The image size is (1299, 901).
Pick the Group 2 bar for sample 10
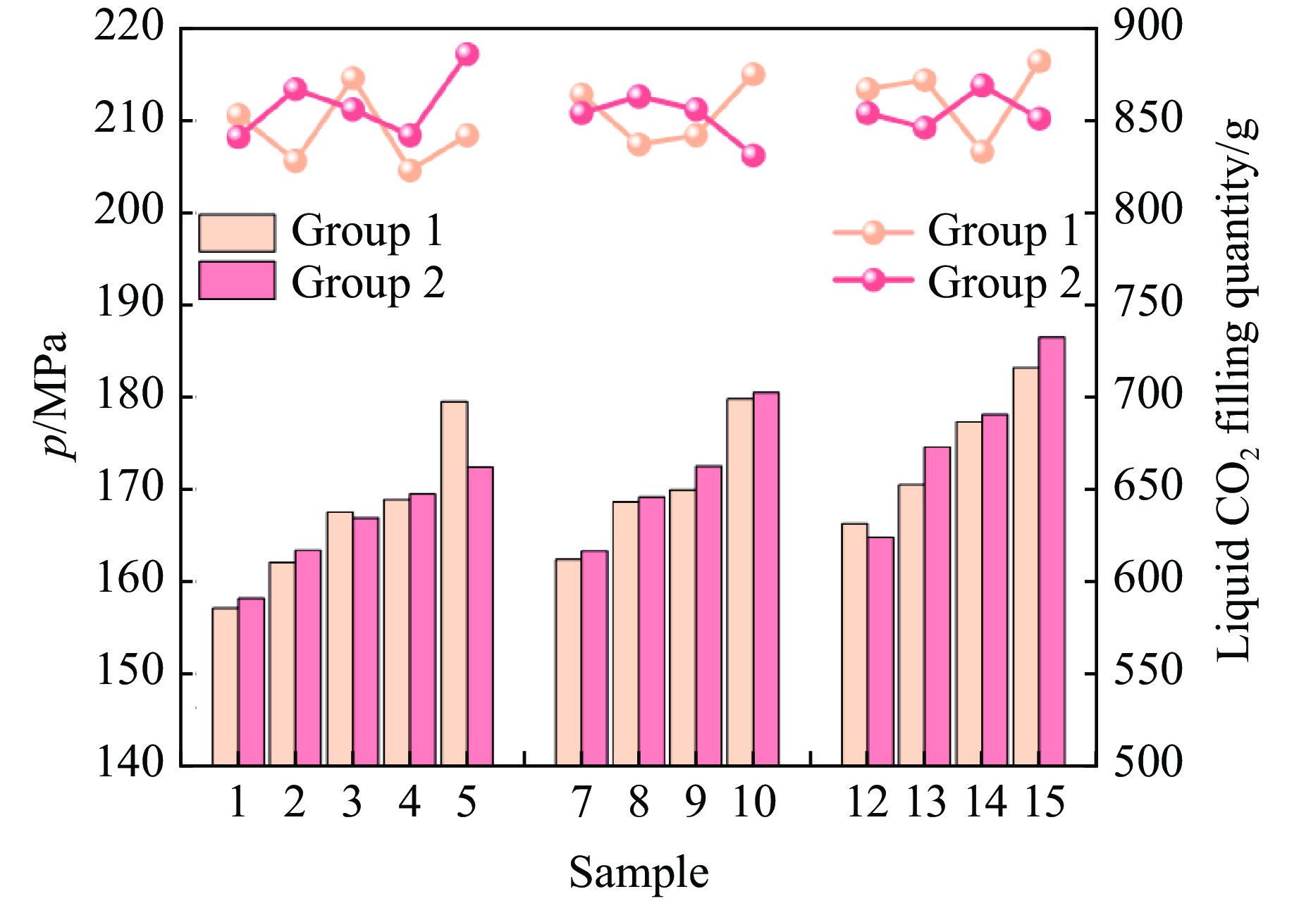[x=766, y=578]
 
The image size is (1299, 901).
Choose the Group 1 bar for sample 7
[x=568, y=661]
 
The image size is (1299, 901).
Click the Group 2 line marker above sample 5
[x=467, y=54]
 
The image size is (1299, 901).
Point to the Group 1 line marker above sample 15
[x=1039, y=61]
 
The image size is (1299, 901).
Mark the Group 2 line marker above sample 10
[x=753, y=155]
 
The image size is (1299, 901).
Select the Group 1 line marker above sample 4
[x=410, y=170]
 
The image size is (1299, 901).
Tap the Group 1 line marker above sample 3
[x=352, y=77]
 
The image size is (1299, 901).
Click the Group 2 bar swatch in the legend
[x=237, y=280]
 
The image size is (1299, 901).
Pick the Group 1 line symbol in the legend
[x=873, y=232]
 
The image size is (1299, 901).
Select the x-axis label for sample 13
[x=925, y=802]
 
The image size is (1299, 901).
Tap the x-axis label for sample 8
[x=639, y=802]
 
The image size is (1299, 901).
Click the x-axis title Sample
[x=639, y=873]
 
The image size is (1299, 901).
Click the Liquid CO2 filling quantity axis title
[x=1237, y=394]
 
